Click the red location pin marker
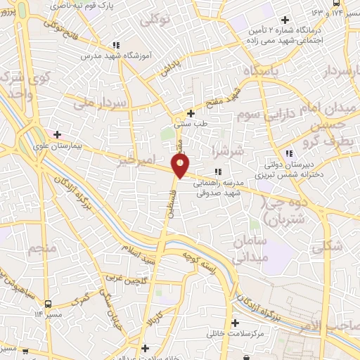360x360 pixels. coord(181,166)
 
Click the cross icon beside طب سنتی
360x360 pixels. coord(191,112)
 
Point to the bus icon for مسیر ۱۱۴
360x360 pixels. coord(47,304)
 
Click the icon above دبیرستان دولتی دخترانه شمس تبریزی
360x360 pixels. coord(288,153)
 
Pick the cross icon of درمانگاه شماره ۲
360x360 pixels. coord(284,20)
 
